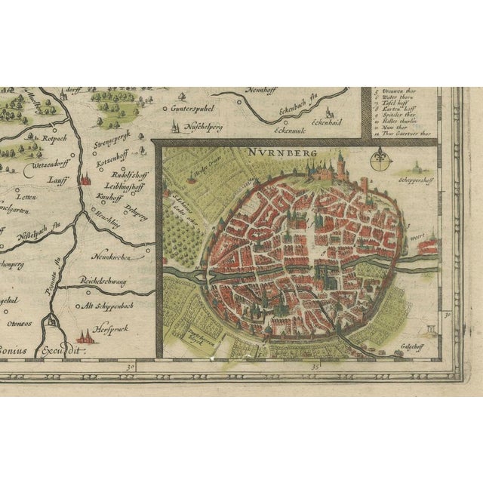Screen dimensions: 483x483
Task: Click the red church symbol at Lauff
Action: tap(85, 180)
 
